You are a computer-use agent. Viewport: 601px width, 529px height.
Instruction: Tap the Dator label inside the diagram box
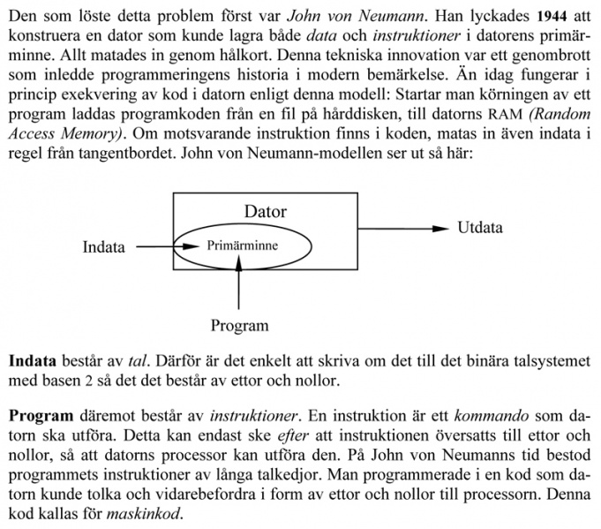(265, 212)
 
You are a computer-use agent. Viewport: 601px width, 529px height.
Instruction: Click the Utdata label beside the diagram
(480, 228)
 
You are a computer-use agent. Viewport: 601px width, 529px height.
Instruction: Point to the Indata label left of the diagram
(104, 247)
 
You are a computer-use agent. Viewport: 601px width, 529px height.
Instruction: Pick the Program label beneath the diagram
(239, 326)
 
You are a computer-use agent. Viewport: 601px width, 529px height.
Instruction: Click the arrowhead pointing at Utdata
(441, 229)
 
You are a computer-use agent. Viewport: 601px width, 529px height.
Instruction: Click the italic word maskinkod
(147, 514)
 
